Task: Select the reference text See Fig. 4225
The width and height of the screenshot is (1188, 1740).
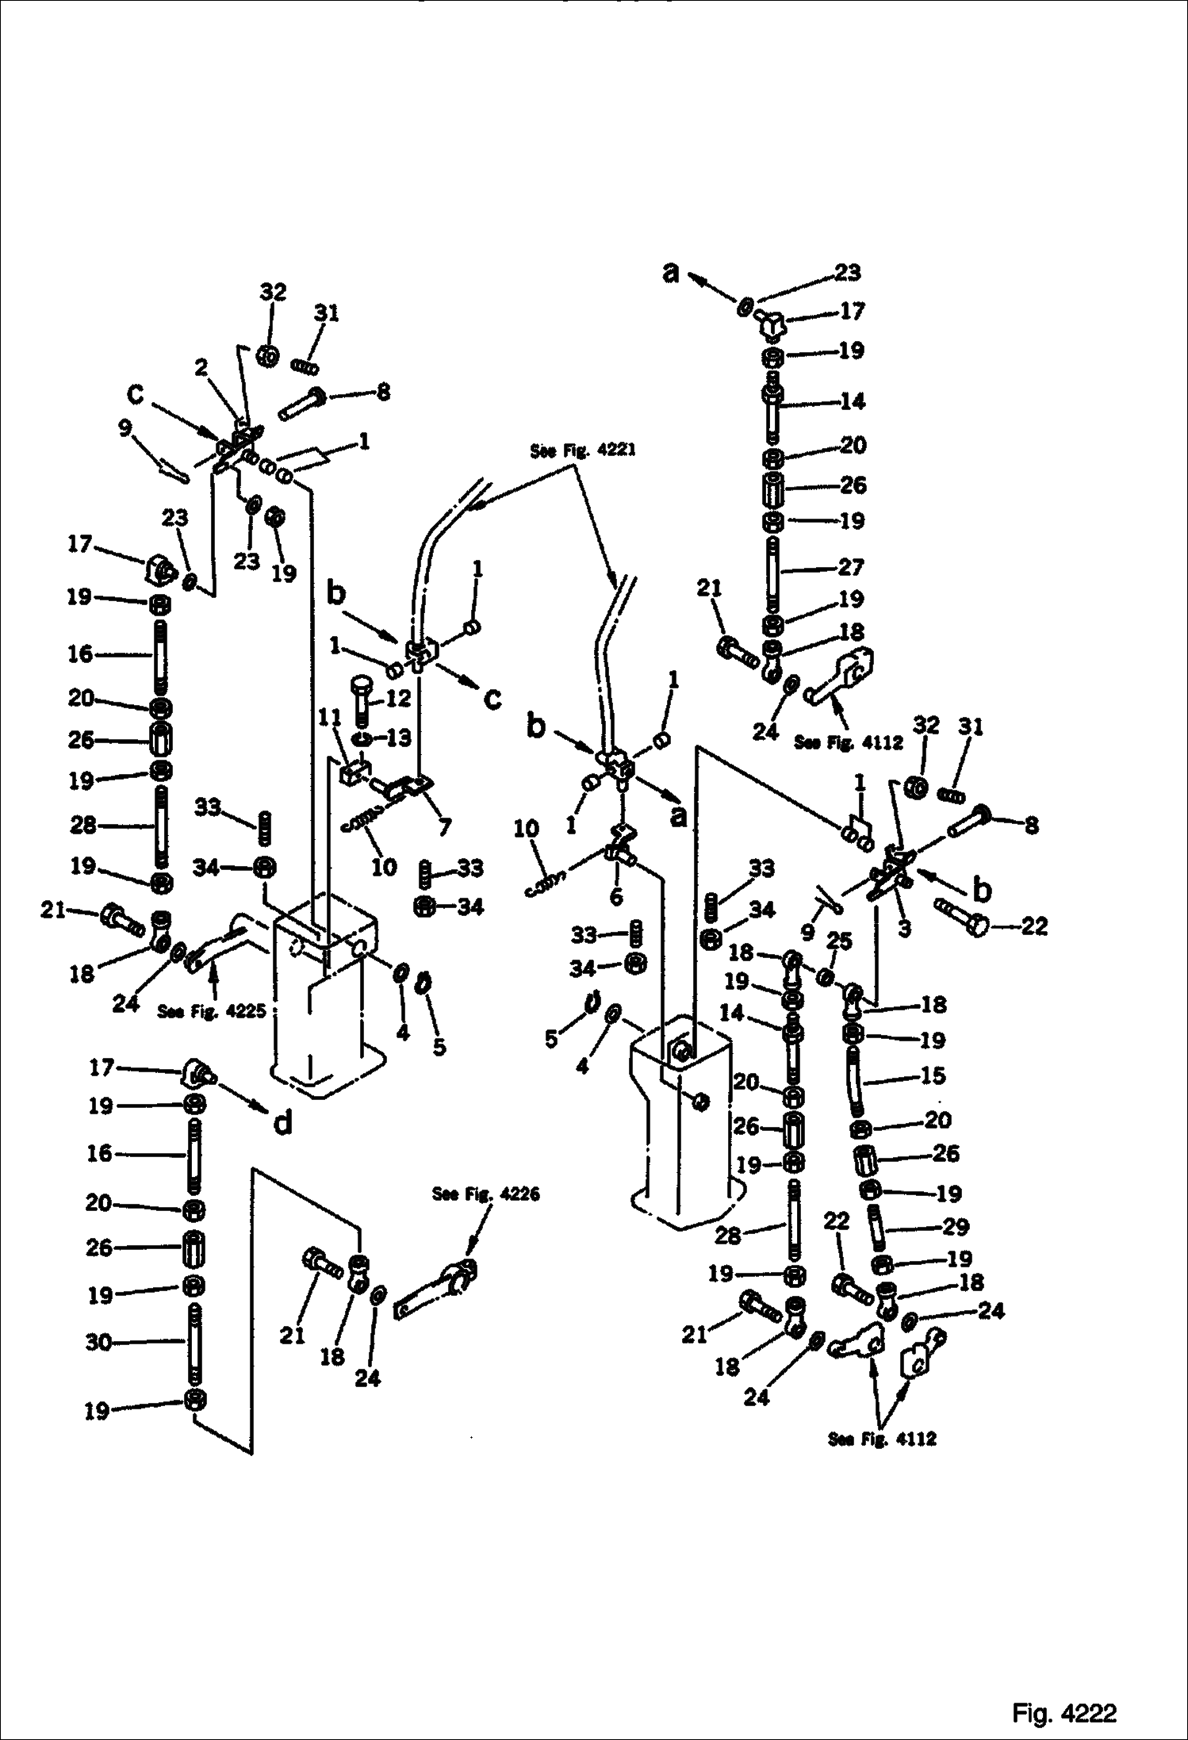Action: pos(211,1011)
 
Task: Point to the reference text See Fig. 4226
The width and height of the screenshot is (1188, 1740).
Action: pos(485,1194)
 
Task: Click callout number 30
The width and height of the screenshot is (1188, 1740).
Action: pos(98,1342)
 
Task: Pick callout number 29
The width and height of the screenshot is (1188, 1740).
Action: pos(956,1227)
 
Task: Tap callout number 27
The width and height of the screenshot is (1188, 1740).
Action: pos(850,567)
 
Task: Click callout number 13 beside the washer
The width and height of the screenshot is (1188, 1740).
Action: pos(398,738)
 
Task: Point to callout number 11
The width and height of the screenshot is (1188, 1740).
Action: pos(330,719)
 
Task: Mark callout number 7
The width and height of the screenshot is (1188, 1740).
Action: pos(444,827)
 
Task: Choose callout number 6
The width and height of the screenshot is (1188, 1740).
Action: pos(615,896)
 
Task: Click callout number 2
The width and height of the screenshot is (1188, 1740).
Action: pos(201,367)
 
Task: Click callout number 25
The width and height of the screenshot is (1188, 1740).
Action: pos(839,941)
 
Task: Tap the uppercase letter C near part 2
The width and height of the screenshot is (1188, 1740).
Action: pos(136,394)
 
